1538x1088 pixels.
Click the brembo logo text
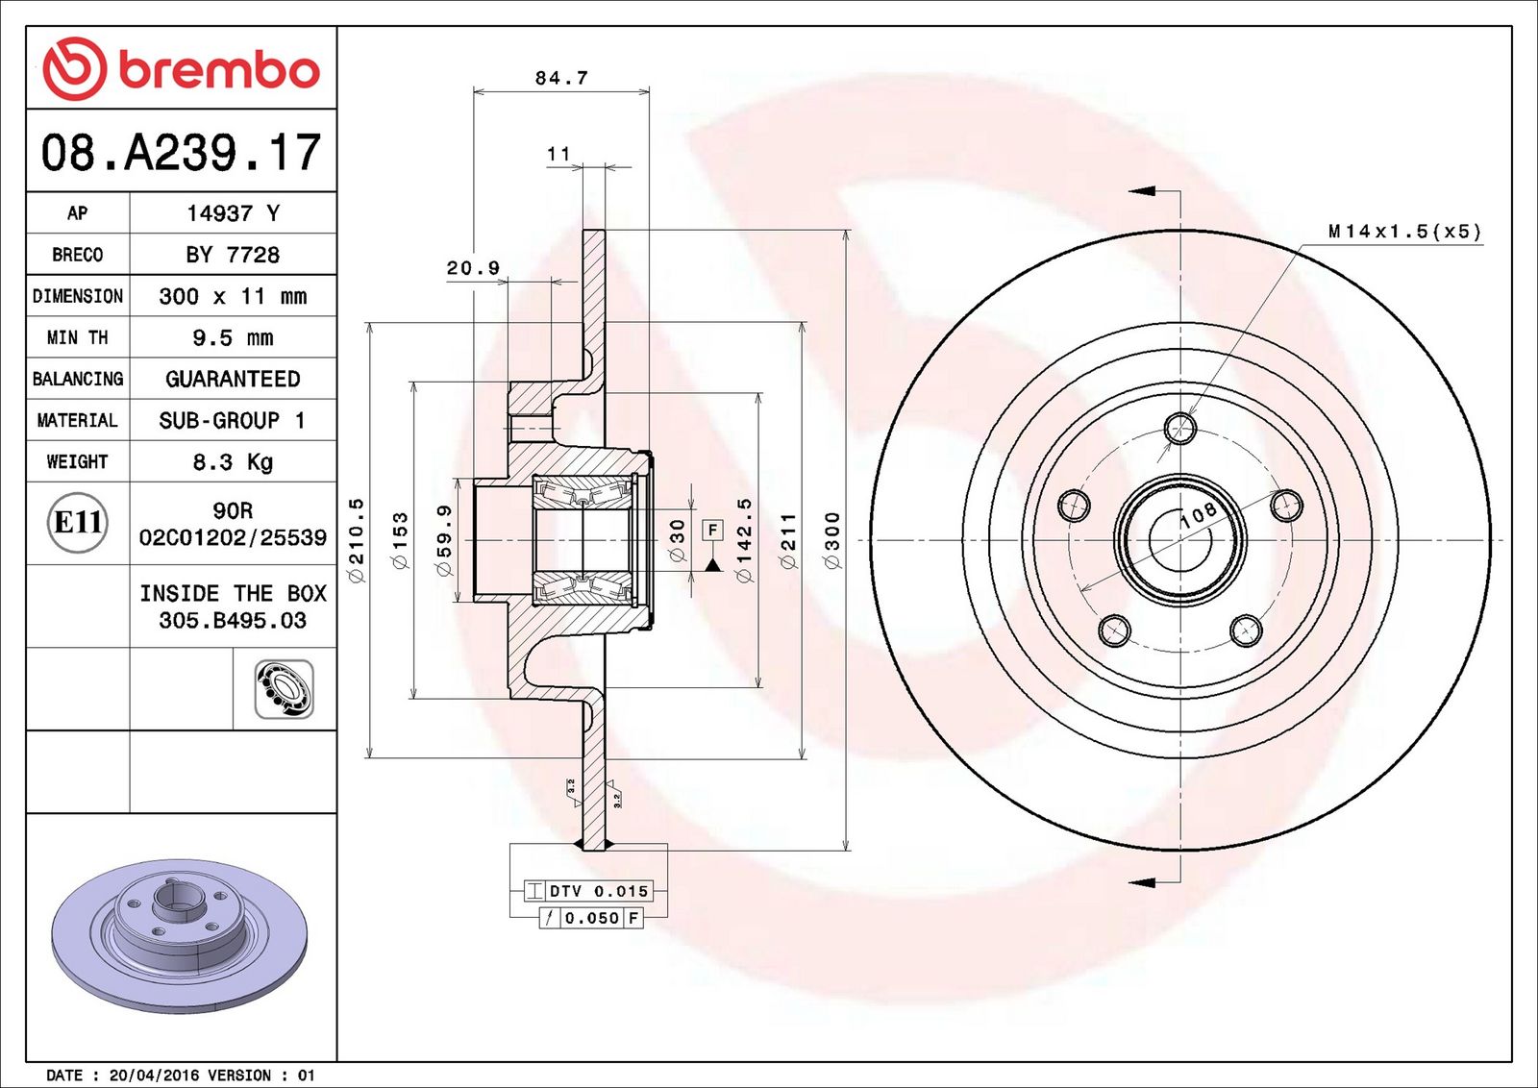(218, 70)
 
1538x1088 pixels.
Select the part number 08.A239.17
(181, 153)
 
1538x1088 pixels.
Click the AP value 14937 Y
(233, 213)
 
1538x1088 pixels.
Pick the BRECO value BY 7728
(233, 255)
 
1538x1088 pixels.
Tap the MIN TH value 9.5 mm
(233, 337)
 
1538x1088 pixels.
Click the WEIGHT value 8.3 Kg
(233, 462)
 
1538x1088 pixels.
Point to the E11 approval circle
(78, 522)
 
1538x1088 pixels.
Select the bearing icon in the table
(284, 689)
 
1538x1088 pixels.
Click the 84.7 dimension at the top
(561, 78)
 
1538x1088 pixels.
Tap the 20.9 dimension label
(473, 268)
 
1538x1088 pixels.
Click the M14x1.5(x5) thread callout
(1404, 232)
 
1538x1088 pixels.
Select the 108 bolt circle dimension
(1198, 514)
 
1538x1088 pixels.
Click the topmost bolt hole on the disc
(1180, 428)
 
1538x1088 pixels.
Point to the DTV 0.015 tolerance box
(588, 891)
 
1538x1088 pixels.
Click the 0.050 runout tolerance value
(591, 918)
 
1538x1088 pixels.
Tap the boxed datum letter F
(712, 530)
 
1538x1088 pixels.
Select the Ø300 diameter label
(832, 539)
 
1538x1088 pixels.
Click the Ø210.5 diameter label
(357, 539)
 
